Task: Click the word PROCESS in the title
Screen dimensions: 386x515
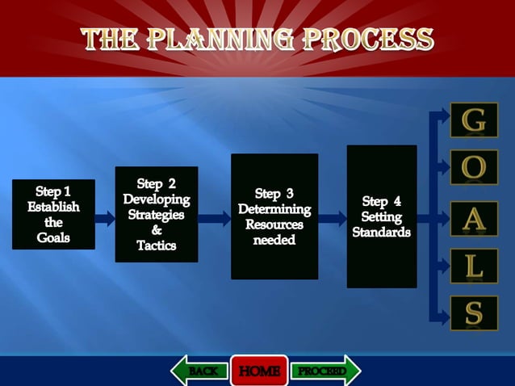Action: click(370, 39)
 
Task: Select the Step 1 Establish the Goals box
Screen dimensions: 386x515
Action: click(53, 214)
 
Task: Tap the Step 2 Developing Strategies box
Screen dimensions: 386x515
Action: click(157, 214)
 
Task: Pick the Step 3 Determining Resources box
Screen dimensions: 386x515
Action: click(274, 216)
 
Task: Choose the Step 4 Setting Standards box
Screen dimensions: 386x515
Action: click(382, 216)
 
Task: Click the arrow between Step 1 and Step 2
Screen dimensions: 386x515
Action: click(105, 217)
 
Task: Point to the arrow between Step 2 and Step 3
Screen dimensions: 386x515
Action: click(215, 217)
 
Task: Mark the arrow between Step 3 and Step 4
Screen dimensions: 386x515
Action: click(333, 217)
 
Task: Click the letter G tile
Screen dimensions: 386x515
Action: click(474, 120)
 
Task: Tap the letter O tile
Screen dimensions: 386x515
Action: click(474, 167)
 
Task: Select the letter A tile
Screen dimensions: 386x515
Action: click(474, 218)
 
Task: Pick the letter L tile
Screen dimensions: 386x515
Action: click(474, 266)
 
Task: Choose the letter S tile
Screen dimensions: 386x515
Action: click(474, 313)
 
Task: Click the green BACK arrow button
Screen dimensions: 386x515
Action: click(200, 371)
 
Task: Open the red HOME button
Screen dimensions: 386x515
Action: click(259, 371)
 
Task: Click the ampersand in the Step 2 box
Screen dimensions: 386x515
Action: click(157, 230)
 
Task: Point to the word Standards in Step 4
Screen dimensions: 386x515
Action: click(381, 233)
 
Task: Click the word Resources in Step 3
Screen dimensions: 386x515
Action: click(274, 224)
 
